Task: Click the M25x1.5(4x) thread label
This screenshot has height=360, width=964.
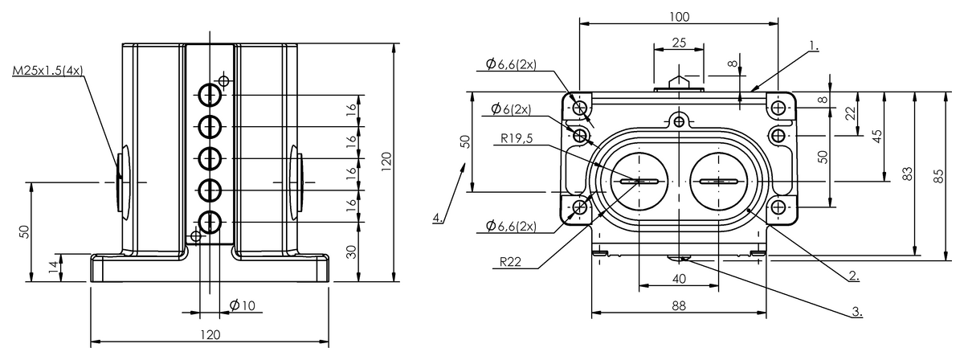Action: click(47, 72)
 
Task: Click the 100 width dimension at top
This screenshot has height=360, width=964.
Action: click(679, 16)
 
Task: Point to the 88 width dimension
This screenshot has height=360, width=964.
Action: click(679, 305)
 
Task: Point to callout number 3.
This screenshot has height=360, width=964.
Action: click(857, 311)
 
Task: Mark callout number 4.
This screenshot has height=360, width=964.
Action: click(436, 218)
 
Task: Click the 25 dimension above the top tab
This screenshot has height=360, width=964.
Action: click(679, 43)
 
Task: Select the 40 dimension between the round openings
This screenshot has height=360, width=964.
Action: click(679, 279)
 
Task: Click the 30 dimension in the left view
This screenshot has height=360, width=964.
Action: click(350, 252)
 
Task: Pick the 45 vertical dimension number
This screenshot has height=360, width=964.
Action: click(877, 136)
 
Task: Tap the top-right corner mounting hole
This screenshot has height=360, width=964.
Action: click(778, 107)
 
